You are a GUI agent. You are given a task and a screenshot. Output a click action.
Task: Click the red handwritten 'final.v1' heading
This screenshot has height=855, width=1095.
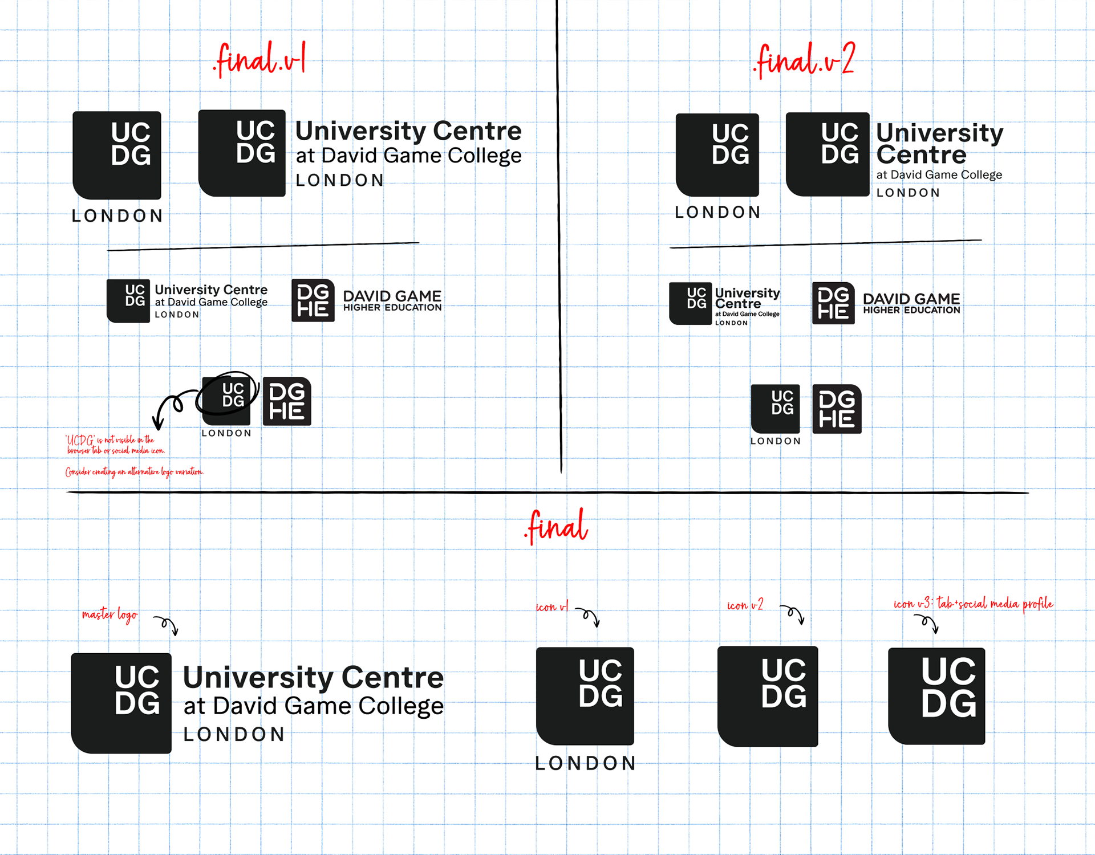(260, 59)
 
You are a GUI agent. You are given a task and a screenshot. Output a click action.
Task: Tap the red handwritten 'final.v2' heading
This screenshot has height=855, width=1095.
(804, 59)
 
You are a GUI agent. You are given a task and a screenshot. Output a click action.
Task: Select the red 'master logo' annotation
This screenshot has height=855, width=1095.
(109, 614)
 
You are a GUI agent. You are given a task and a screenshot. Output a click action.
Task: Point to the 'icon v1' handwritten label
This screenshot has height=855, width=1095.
(551, 607)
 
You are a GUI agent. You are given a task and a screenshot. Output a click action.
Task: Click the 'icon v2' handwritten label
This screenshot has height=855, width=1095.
(745, 605)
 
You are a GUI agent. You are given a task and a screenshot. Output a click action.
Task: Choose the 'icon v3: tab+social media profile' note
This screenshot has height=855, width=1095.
(973, 604)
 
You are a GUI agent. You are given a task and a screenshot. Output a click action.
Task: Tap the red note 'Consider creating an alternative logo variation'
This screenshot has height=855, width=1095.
(134, 472)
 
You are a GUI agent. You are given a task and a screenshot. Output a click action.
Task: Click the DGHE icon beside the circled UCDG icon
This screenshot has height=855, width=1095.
(287, 401)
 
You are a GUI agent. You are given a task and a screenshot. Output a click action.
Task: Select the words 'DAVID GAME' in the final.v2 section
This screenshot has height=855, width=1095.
(911, 299)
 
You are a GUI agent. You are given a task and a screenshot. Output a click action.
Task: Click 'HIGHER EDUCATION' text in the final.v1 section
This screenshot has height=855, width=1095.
(392, 308)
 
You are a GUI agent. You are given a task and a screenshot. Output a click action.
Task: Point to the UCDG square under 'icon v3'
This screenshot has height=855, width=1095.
(937, 696)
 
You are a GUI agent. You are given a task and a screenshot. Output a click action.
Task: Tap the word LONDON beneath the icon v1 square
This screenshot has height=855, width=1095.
(585, 763)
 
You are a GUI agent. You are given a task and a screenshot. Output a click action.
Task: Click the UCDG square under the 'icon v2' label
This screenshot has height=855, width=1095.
(768, 696)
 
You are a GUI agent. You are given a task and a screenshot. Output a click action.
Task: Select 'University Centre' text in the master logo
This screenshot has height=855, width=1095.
(313, 677)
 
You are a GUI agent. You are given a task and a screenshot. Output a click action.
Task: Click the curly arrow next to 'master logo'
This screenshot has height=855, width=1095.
(167, 625)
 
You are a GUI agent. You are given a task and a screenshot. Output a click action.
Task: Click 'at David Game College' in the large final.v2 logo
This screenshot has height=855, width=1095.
(939, 175)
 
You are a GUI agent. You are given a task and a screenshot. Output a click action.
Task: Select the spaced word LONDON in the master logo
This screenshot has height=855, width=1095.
(234, 735)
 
